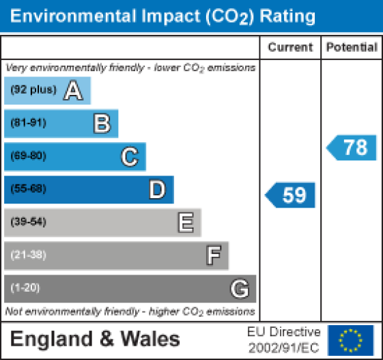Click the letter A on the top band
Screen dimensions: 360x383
[73, 91]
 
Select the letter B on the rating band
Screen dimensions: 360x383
[101, 124]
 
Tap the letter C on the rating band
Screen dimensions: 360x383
[129, 157]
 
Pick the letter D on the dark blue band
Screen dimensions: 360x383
[157, 190]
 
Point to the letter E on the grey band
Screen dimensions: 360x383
[185, 223]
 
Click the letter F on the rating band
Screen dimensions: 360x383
[213, 255]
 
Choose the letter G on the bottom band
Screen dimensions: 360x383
[240, 289]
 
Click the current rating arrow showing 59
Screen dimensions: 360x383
[291, 195]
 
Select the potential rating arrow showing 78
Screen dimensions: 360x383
[352, 147]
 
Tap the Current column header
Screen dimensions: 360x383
[290, 48]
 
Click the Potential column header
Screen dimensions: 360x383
[352, 48]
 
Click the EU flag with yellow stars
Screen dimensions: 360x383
[351, 340]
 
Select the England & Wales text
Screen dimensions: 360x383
[96, 340]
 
